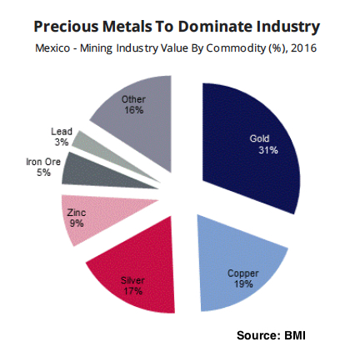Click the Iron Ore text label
[x=42, y=161]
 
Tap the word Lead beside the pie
[x=62, y=132]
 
